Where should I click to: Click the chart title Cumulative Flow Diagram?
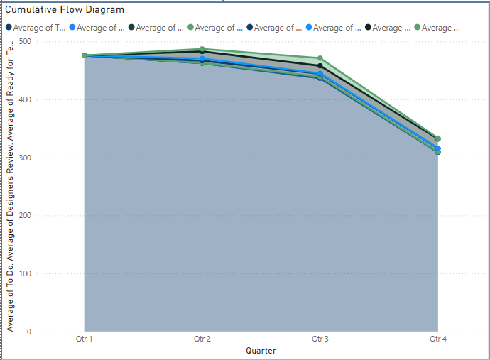[x=65, y=10]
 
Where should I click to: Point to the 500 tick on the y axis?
[x=26, y=42]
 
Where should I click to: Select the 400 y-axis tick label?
[x=26, y=100]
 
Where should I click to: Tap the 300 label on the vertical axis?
[x=26, y=158]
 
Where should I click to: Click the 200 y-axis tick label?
[x=26, y=216]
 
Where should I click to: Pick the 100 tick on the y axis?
[x=26, y=274]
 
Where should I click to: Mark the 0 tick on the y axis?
[x=29, y=332]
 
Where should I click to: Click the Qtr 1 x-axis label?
[x=85, y=340]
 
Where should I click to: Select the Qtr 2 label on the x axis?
[x=202, y=340]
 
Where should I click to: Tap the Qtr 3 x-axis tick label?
[x=320, y=340]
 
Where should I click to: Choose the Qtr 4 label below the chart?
[x=438, y=340]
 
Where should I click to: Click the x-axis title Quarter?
[x=261, y=351]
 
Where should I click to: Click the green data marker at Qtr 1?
[x=85, y=55]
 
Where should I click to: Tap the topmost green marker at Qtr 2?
[x=202, y=50]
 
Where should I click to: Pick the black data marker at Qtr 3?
[x=320, y=66]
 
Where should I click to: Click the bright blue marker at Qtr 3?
[x=320, y=74]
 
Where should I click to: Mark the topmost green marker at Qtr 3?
[x=320, y=58]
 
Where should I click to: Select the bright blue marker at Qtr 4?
[x=438, y=148]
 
